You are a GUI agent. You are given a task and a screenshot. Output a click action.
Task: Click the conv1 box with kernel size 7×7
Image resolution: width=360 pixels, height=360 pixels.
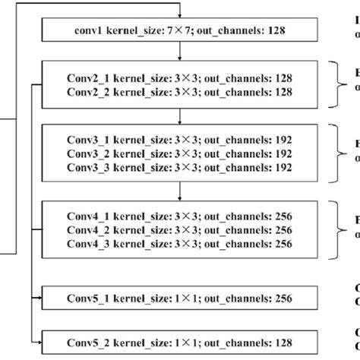[179, 32]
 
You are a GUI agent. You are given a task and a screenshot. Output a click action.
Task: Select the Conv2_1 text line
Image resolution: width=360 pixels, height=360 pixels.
[179, 77]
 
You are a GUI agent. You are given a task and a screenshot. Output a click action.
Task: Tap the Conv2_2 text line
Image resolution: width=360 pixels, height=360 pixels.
[179, 91]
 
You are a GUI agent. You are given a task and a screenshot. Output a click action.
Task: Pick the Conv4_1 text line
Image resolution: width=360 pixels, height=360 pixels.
[179, 216]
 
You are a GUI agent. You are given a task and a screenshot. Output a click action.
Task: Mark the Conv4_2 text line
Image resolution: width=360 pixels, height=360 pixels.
[179, 229]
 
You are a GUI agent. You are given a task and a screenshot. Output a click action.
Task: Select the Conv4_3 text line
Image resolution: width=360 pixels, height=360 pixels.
[179, 243]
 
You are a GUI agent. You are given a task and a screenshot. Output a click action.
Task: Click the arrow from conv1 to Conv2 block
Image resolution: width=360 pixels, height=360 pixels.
[179, 53]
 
